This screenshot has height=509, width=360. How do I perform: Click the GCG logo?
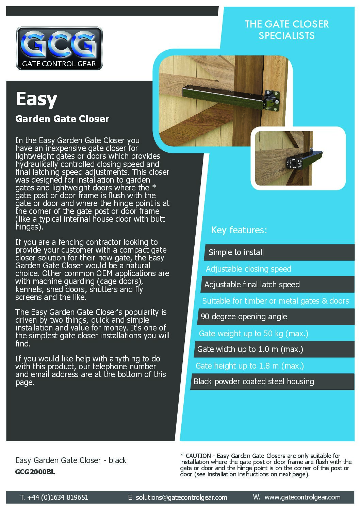(x=59, y=48)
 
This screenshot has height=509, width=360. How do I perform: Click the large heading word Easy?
(x=36, y=99)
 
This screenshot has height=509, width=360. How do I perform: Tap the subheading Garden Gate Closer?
(x=62, y=119)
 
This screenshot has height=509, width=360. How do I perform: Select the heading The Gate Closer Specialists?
(x=287, y=30)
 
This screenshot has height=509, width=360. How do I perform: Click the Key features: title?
(x=239, y=230)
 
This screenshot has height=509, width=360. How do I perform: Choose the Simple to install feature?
(x=236, y=252)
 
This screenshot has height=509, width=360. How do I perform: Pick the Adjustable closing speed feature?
(x=248, y=269)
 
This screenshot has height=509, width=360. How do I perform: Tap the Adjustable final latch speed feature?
(x=252, y=285)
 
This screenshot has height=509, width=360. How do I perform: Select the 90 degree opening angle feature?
(x=244, y=317)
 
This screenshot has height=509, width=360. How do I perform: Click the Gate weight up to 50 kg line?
(x=253, y=334)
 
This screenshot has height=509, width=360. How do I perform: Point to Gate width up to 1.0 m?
(x=250, y=349)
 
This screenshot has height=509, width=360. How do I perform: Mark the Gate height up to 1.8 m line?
(x=249, y=366)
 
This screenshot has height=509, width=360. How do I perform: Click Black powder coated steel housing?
(x=253, y=381)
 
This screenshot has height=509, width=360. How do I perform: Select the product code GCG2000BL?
(x=35, y=472)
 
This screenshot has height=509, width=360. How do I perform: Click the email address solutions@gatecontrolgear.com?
(x=181, y=497)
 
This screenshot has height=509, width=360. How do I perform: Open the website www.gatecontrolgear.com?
(x=302, y=497)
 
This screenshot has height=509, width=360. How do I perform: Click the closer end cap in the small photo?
(x=294, y=163)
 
